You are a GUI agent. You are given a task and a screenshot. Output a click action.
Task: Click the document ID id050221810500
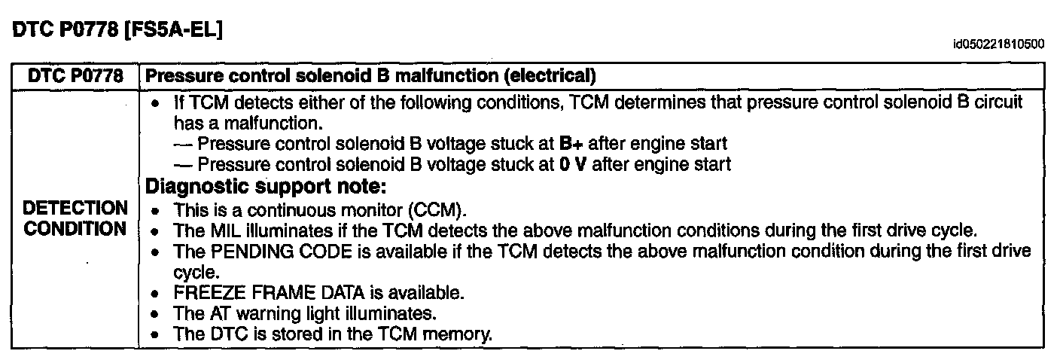click(x=998, y=45)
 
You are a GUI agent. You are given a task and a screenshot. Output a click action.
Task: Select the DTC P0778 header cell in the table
click(x=75, y=76)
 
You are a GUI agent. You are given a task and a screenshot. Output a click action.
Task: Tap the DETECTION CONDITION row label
click(x=75, y=218)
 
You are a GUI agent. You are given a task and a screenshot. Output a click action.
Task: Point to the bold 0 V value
click(x=572, y=164)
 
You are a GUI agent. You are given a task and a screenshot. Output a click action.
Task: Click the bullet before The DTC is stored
click(x=155, y=334)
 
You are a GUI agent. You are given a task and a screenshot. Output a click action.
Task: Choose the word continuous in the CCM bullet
click(x=279, y=209)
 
